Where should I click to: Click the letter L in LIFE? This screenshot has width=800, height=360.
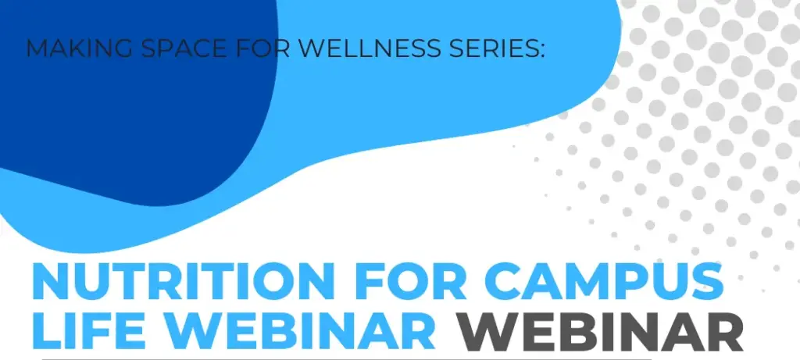click(x=45, y=330)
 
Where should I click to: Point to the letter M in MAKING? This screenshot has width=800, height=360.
click(x=35, y=48)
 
